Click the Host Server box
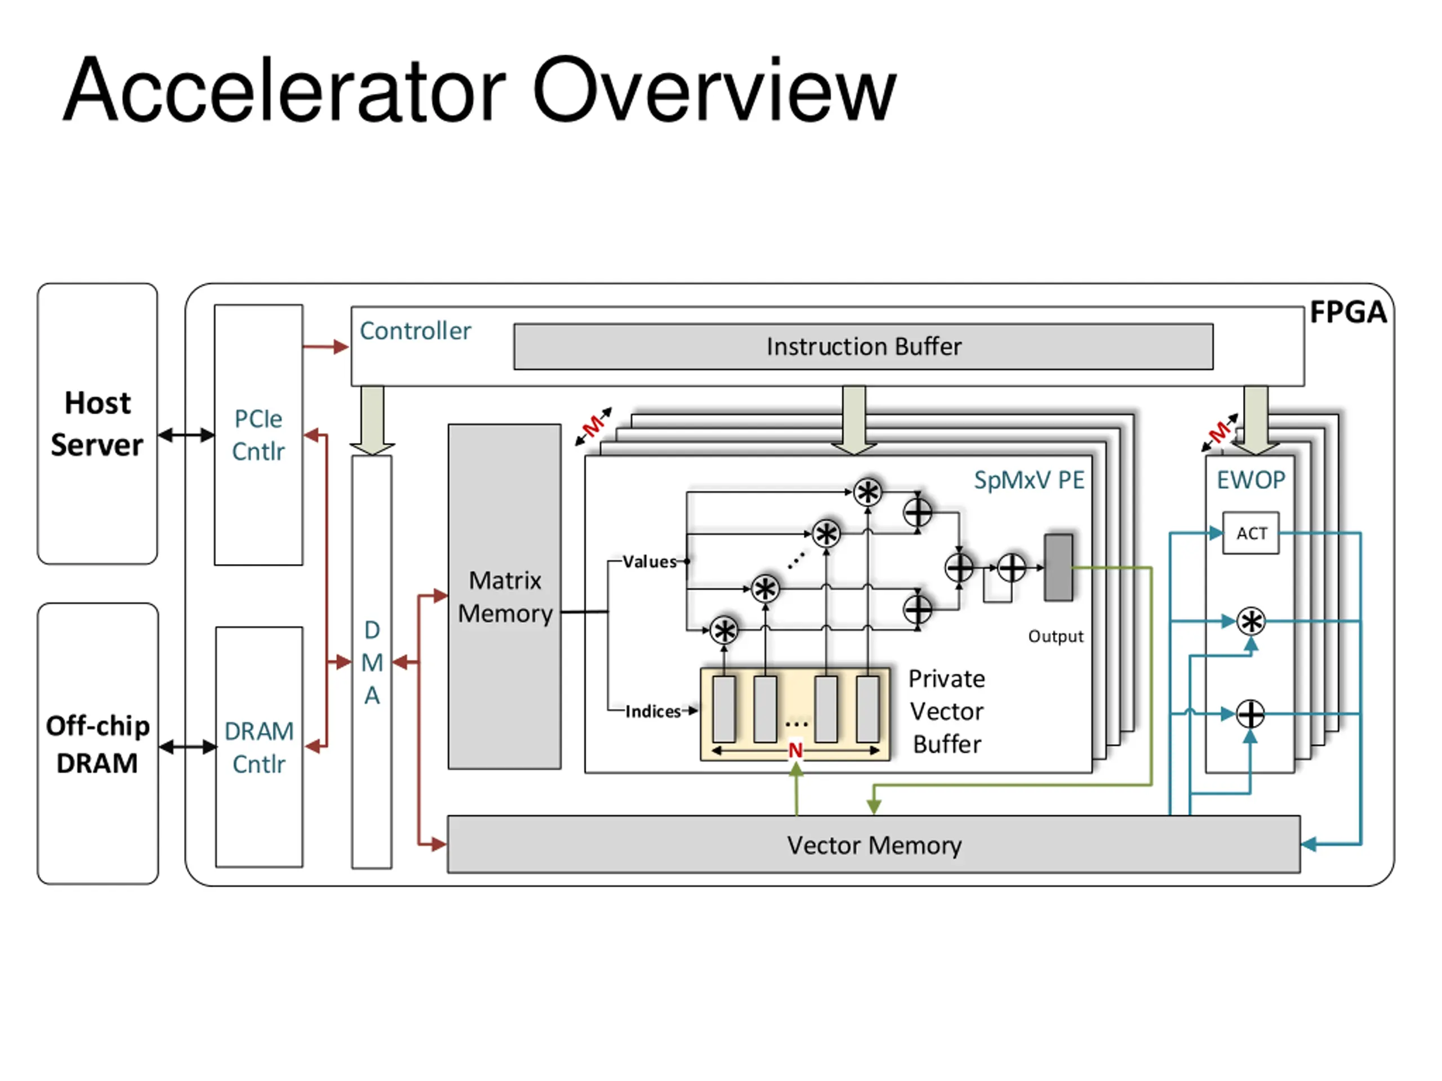(x=97, y=423)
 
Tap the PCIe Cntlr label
(x=258, y=435)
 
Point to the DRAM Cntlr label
(x=259, y=747)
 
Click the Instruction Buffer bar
(x=863, y=347)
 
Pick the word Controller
(x=415, y=331)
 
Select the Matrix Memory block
(x=505, y=597)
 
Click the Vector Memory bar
(x=874, y=845)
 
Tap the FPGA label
(x=1347, y=312)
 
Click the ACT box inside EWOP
(x=1251, y=534)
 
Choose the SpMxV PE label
(x=1029, y=480)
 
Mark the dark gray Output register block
(x=1058, y=568)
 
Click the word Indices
(x=652, y=711)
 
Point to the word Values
(x=649, y=562)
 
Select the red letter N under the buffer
(x=795, y=751)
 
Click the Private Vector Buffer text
(x=946, y=711)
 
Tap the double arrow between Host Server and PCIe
(x=186, y=435)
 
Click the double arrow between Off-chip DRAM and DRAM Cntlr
(x=187, y=747)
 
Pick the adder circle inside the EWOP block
(x=1250, y=714)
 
